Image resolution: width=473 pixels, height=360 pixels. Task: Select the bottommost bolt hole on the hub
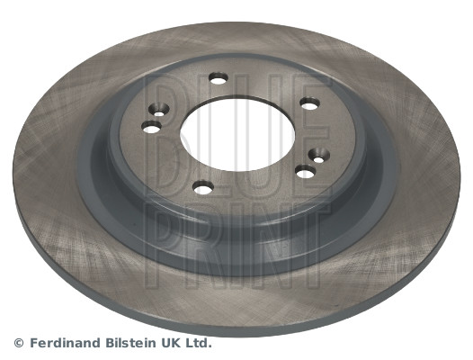(x=204, y=187)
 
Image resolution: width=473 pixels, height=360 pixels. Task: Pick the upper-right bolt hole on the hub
(x=309, y=103)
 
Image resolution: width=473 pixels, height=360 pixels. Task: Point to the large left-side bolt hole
(x=150, y=127)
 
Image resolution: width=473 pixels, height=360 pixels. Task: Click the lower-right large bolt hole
(x=305, y=171)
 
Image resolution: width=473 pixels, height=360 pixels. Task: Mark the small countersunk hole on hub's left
(x=159, y=112)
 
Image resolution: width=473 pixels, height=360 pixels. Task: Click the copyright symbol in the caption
(x=18, y=343)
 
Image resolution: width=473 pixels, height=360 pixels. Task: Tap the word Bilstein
(x=130, y=343)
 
